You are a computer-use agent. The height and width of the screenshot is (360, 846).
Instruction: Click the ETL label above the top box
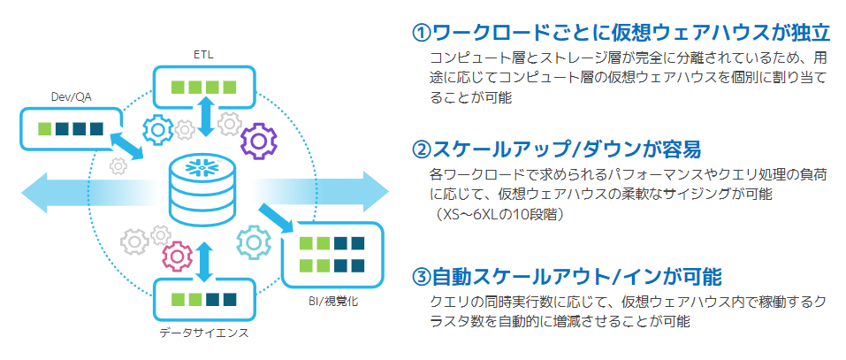(203, 55)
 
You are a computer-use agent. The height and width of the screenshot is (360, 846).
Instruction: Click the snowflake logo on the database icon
(204, 166)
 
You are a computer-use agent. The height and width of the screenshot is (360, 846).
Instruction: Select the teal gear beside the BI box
(255, 241)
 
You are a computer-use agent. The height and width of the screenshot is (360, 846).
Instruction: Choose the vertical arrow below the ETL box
(206, 118)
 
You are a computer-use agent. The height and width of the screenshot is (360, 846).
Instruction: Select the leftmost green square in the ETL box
(178, 88)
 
